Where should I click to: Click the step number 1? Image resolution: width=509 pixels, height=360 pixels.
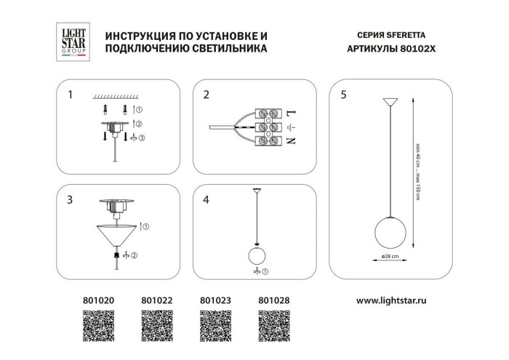pyautogui.click(x=70, y=95)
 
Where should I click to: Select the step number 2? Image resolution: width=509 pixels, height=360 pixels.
pyautogui.click(x=206, y=95)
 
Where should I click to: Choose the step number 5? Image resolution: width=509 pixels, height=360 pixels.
pyautogui.click(x=343, y=95)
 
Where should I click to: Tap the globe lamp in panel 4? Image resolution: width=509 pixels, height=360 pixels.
pyautogui.click(x=256, y=256)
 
